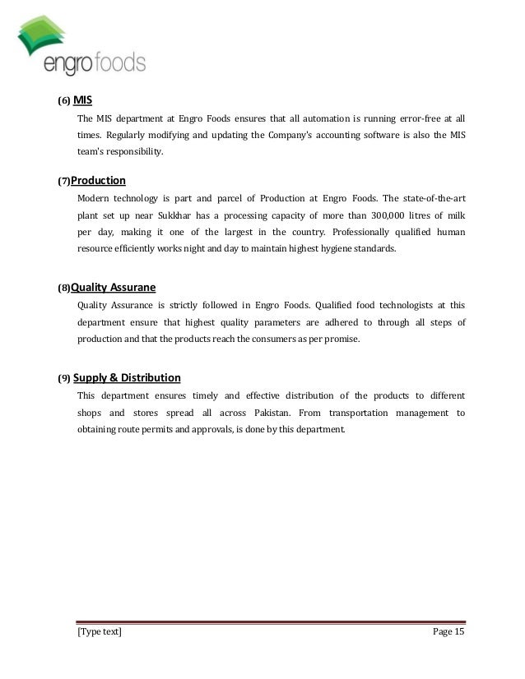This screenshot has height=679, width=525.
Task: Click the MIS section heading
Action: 82,101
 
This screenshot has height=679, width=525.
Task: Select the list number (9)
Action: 63,380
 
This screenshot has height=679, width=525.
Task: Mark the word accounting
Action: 323,136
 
